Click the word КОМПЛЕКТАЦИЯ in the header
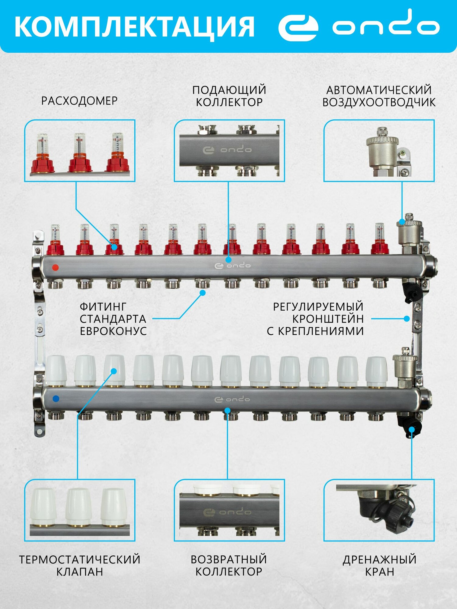134,27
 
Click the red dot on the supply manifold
55,268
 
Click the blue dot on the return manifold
56,398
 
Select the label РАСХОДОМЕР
79,101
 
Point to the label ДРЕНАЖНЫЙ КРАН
379,565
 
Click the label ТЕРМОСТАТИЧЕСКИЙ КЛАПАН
80,565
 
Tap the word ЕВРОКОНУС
113,331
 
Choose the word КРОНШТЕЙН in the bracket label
328,319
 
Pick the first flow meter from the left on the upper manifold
55,241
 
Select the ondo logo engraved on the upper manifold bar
232,266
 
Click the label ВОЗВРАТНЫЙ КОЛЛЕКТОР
229,565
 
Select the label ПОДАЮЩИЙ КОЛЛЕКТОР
229,96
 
